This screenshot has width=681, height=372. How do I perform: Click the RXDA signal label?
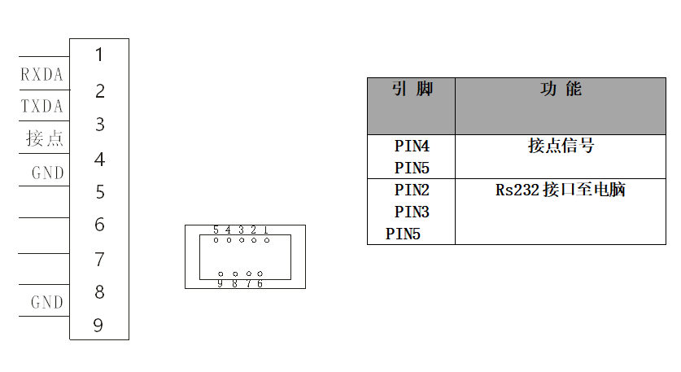42,75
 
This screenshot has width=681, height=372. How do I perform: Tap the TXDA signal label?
42,107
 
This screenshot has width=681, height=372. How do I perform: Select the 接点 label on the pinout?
45,138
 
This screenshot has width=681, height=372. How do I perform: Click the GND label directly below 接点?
47,173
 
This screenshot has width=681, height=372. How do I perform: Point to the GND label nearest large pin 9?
47,302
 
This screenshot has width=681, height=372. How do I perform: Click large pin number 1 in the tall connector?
99,55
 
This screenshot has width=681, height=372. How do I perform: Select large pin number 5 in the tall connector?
99,192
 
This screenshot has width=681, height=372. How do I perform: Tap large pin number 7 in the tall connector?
99,260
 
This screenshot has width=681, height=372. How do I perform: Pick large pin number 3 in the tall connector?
99,125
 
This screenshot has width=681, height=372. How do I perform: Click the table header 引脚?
412,90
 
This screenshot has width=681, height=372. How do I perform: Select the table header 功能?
561,90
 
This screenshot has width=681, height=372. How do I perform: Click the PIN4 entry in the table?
412,147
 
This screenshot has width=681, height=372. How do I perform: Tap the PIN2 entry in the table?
412,190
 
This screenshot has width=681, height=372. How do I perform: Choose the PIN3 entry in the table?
412,212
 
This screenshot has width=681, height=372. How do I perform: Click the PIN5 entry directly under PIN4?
412,168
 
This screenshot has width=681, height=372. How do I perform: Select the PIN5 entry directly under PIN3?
403,234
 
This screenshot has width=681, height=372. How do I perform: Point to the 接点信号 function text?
561,147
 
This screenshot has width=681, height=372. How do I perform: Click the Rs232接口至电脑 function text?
561,190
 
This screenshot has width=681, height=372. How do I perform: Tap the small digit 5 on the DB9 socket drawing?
216,230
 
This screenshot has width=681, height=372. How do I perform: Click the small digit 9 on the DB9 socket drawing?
220,283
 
